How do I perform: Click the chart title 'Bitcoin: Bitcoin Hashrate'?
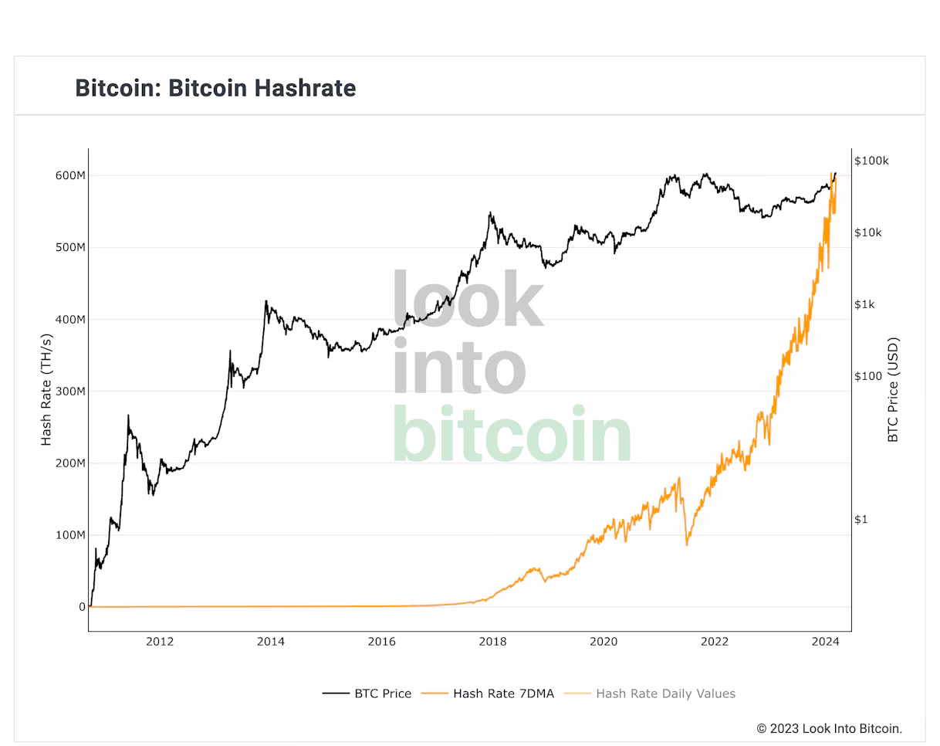(215, 88)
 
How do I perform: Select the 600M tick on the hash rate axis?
(70, 175)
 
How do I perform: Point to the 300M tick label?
(70, 392)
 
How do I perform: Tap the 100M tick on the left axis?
(70, 535)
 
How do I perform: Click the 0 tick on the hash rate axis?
(82, 607)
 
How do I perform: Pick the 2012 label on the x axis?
(160, 641)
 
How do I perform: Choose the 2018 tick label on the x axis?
(492, 641)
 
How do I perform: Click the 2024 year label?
(826, 641)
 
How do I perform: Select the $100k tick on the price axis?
(871, 161)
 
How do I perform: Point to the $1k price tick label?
(864, 304)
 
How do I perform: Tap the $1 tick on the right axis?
(861, 519)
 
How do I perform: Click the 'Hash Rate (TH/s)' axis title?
(46, 390)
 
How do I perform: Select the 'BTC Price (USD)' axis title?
(894, 390)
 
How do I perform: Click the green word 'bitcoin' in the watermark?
(512, 435)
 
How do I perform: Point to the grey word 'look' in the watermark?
(468, 300)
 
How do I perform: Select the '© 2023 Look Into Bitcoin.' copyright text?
(829, 728)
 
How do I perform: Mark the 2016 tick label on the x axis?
(381, 641)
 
